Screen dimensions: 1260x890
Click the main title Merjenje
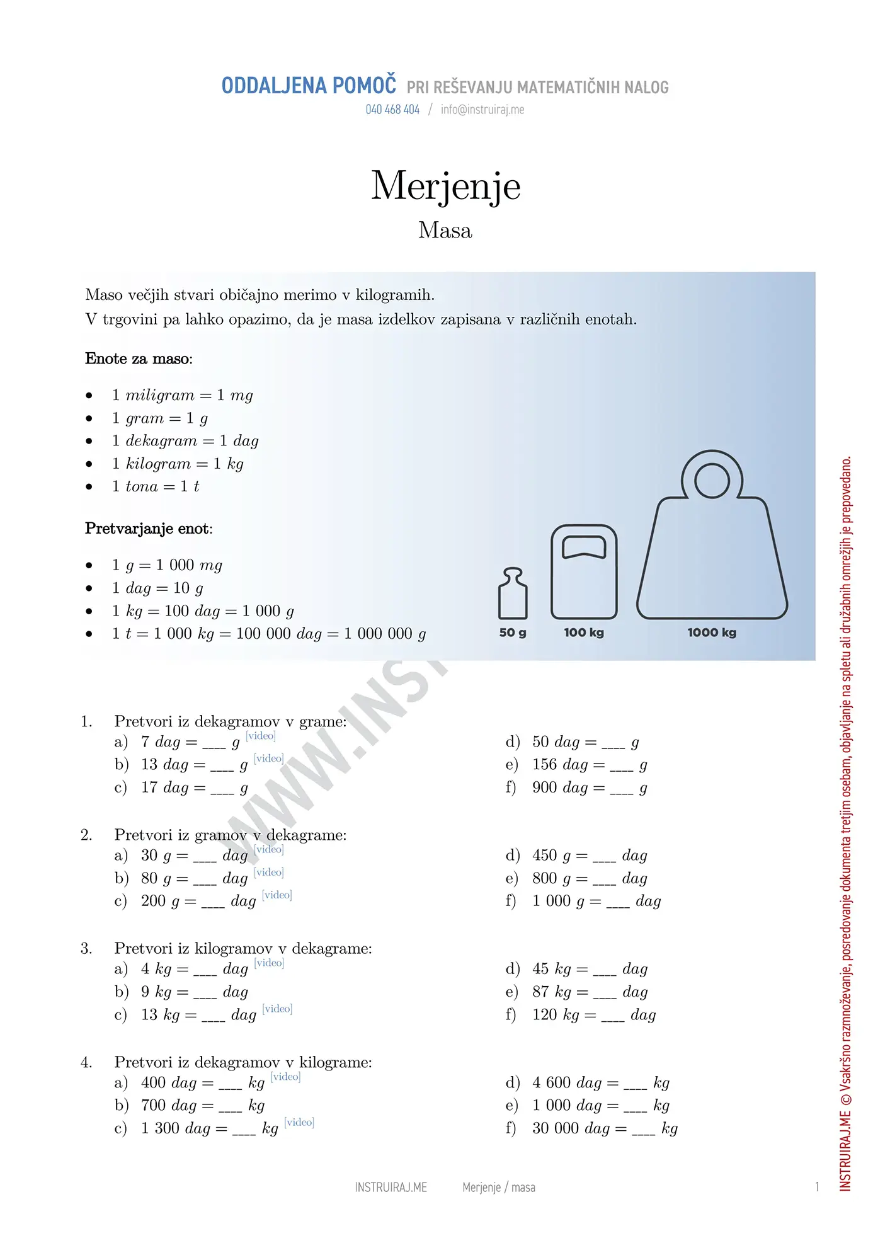click(445, 186)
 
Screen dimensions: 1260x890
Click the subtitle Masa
click(445, 231)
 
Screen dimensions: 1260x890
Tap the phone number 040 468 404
click(392, 110)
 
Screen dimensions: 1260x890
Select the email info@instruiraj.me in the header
click(482, 110)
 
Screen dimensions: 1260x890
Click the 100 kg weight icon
click(584, 572)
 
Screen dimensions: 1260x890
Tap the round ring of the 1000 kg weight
click(712, 480)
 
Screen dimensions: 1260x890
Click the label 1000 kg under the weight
click(712, 633)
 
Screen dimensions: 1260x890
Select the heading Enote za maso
click(139, 359)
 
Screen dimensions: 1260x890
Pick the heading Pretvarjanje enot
click(149, 529)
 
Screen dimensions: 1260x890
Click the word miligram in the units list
click(160, 396)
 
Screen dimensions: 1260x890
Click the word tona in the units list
click(142, 486)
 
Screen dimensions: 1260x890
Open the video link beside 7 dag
click(261, 736)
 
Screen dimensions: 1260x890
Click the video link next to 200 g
click(277, 895)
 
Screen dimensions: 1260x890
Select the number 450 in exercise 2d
click(545, 856)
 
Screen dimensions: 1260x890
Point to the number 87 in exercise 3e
click(541, 992)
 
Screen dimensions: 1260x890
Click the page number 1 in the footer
click(817, 1187)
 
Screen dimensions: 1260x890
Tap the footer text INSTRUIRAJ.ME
click(391, 1188)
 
